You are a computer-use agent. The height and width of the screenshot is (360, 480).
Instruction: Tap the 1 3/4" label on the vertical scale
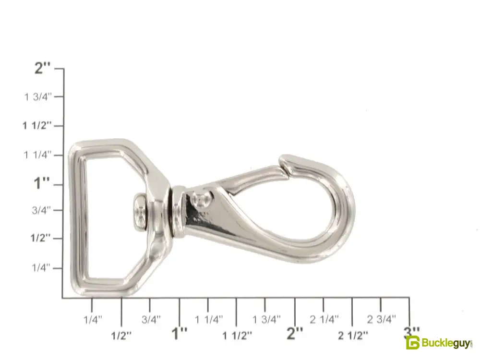click(38, 97)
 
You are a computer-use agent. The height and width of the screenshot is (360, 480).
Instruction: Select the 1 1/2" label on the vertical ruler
click(37, 125)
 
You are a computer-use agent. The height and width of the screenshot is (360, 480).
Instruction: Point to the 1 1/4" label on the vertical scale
click(38, 155)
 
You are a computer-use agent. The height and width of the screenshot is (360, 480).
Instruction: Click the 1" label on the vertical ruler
click(41, 183)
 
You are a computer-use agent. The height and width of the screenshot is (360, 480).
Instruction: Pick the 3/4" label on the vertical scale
click(42, 210)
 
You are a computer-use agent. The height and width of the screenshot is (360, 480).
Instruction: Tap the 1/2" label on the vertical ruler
click(40, 238)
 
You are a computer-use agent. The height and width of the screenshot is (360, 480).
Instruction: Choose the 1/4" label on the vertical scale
click(41, 267)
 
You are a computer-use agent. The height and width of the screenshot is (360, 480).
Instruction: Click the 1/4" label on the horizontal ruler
click(93, 320)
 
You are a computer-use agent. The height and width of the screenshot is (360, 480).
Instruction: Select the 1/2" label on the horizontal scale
click(121, 336)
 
